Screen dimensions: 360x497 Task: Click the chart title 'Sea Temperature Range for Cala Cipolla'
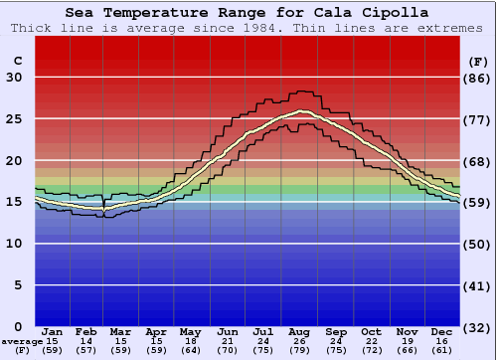(248, 13)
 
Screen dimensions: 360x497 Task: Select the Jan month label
(53, 331)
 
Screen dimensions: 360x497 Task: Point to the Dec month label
(442, 331)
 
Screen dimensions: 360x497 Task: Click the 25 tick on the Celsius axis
(14, 119)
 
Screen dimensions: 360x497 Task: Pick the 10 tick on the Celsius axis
(14, 244)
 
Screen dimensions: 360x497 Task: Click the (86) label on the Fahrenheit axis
(478, 78)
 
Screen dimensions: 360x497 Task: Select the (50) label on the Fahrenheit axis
(478, 244)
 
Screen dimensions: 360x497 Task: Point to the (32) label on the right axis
(478, 327)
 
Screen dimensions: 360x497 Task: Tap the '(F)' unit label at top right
(478, 61)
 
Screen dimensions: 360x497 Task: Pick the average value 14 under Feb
(86, 341)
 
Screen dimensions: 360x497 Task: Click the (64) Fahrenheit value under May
(190, 350)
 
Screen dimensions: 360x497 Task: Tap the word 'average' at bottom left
(21, 341)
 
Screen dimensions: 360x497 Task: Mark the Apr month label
(156, 331)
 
